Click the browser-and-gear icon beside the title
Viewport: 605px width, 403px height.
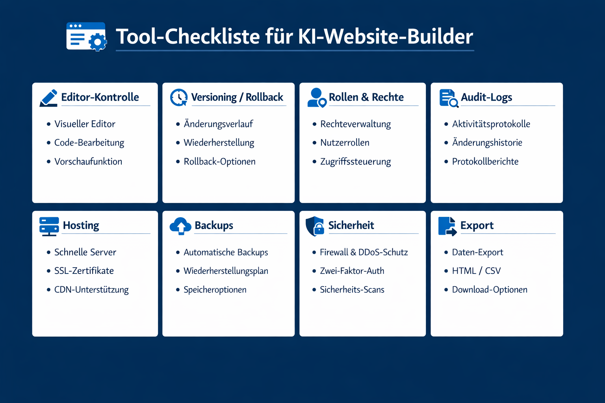point(86,37)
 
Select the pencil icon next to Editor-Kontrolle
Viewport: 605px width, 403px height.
point(48,98)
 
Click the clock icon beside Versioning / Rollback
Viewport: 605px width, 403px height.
point(179,97)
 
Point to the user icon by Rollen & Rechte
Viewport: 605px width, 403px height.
point(317,98)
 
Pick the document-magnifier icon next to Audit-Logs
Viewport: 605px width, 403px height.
point(449,98)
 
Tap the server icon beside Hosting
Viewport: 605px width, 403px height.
point(49,226)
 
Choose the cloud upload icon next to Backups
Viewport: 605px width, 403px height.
point(180,226)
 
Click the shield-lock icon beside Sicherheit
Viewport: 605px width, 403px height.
point(315,226)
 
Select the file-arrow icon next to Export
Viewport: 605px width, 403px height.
point(447,226)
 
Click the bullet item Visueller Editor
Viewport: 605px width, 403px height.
point(85,124)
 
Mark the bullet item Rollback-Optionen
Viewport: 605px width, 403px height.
point(219,161)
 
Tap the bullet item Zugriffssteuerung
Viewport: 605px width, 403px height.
point(355,161)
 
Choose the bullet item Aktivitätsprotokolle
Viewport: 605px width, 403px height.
point(491,124)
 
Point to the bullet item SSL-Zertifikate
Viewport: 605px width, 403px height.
point(84,271)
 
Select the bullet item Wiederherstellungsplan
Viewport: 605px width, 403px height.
point(226,271)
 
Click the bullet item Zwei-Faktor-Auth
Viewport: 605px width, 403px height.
point(352,271)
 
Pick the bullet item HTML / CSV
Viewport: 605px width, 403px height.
point(476,271)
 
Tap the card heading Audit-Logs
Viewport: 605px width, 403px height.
point(486,97)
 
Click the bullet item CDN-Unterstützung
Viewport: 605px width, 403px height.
point(91,290)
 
